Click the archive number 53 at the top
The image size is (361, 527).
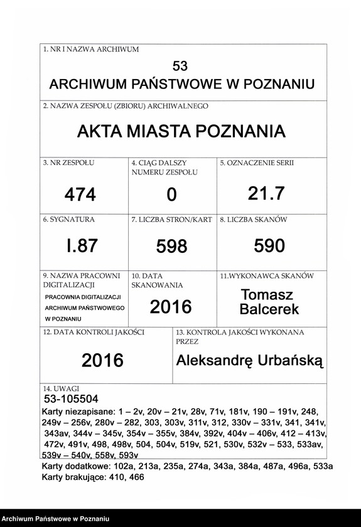pyautogui.click(x=180, y=66)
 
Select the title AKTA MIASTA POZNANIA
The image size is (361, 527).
pyautogui.click(x=181, y=132)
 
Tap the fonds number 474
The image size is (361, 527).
pyautogui.click(x=80, y=195)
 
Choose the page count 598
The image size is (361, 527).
pyautogui.click(x=171, y=247)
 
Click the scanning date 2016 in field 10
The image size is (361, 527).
pyautogui.click(x=171, y=307)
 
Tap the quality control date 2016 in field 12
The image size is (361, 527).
pyautogui.click(x=102, y=360)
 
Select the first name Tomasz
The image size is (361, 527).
pyautogui.click(x=267, y=295)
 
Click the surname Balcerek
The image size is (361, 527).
pyautogui.click(x=269, y=309)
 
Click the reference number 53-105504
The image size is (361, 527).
pyautogui.click(x=71, y=399)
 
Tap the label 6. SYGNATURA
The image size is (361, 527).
pyautogui.click(x=68, y=220)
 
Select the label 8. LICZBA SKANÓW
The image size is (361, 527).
pyautogui.click(x=253, y=220)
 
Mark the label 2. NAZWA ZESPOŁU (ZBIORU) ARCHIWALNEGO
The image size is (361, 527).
pyautogui.click(x=126, y=107)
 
